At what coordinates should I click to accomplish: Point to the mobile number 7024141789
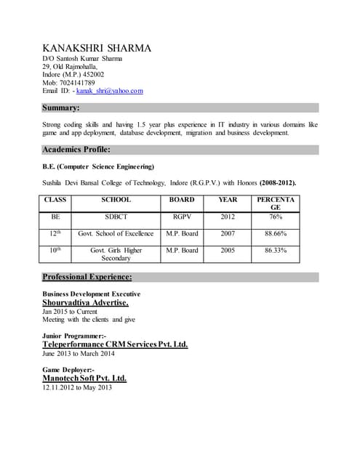(x=76, y=82)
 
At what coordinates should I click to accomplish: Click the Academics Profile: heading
(x=76, y=150)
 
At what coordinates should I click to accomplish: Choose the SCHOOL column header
(x=116, y=199)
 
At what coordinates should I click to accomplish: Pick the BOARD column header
(x=181, y=199)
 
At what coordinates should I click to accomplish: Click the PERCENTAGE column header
(x=275, y=203)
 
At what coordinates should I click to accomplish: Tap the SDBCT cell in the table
(x=116, y=217)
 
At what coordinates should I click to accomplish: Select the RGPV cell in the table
(x=181, y=217)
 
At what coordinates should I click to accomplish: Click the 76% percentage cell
(x=275, y=217)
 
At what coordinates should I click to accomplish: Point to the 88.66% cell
(x=275, y=233)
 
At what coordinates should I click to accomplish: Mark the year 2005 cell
(x=227, y=250)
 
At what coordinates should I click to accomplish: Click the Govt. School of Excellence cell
(x=116, y=233)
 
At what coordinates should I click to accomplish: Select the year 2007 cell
(x=227, y=233)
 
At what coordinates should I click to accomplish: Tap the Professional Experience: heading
(x=87, y=277)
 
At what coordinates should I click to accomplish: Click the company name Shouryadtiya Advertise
(x=85, y=302)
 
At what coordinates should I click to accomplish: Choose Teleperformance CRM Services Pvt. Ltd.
(x=115, y=344)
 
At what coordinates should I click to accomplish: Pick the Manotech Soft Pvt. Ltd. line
(x=84, y=378)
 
